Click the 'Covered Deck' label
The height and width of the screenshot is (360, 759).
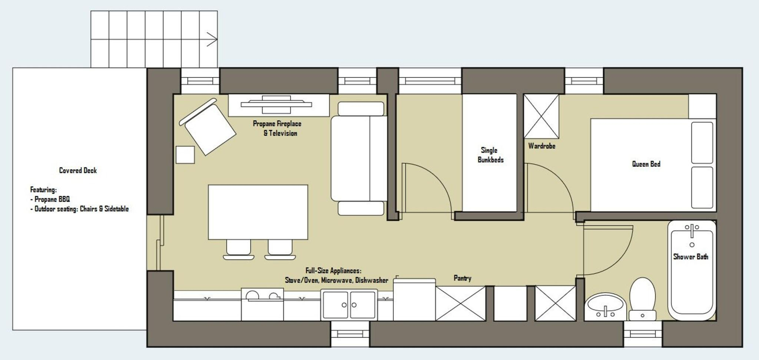pyautogui.click(x=78, y=170)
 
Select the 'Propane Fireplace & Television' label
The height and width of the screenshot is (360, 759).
pyautogui.click(x=277, y=128)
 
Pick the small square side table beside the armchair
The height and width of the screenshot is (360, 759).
pyautogui.click(x=185, y=155)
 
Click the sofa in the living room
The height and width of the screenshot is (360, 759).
pyautogui.click(x=359, y=158)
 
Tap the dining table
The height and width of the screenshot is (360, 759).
pyautogui.click(x=258, y=212)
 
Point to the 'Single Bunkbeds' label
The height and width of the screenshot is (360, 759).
pyautogui.click(x=490, y=155)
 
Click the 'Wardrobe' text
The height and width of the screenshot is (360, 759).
pyautogui.click(x=542, y=146)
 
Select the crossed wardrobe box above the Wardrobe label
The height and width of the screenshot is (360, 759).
pyautogui.click(x=541, y=116)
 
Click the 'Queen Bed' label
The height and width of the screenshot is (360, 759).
pyautogui.click(x=646, y=164)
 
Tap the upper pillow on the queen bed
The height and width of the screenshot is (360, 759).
pyautogui.click(x=702, y=143)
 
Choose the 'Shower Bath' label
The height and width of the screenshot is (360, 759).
pyautogui.click(x=691, y=257)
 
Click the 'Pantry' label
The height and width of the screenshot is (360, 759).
pyautogui.click(x=463, y=278)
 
